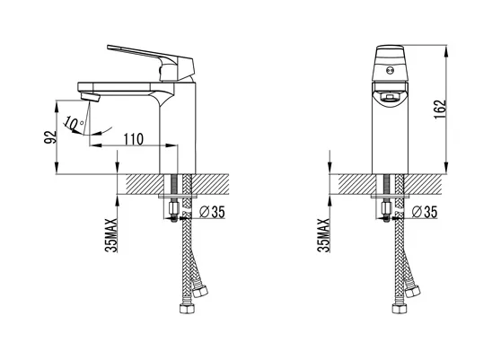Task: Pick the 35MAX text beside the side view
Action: click(x=109, y=236)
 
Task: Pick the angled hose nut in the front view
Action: click(x=414, y=289)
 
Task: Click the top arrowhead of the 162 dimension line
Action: click(x=444, y=45)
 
